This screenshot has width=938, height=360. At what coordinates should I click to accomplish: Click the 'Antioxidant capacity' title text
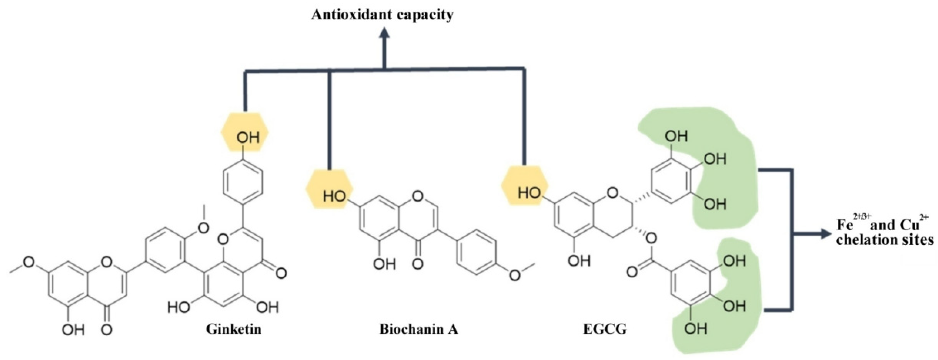pos(382,15)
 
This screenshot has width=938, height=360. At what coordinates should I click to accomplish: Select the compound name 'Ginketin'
pos(234,329)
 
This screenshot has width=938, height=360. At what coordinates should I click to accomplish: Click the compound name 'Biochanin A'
pos(419,329)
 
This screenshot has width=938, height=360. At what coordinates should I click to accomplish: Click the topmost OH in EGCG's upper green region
pos(676,137)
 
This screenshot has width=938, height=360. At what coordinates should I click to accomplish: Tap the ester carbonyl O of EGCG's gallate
pos(632,272)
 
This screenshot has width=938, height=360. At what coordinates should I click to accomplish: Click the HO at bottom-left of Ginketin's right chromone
pos(179,307)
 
